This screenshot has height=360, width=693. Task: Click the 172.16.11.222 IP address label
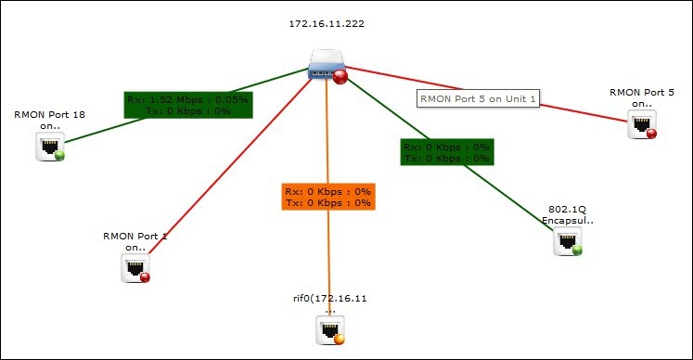(x=326, y=24)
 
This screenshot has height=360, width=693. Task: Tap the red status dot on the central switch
(x=340, y=77)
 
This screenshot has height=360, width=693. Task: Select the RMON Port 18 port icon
(x=48, y=145)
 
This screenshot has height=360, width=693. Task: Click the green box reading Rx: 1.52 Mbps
(x=189, y=104)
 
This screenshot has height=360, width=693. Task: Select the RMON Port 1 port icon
(x=135, y=267)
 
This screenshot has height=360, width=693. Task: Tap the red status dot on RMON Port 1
(x=145, y=276)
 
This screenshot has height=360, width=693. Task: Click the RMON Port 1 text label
(x=135, y=242)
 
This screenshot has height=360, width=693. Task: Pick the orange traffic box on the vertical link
(x=328, y=197)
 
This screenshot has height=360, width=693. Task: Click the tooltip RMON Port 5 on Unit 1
(x=478, y=98)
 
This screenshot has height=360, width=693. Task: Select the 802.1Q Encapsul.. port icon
(x=566, y=240)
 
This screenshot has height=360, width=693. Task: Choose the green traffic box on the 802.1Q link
(x=446, y=152)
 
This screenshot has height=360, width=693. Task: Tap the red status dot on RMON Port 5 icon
(x=651, y=134)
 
